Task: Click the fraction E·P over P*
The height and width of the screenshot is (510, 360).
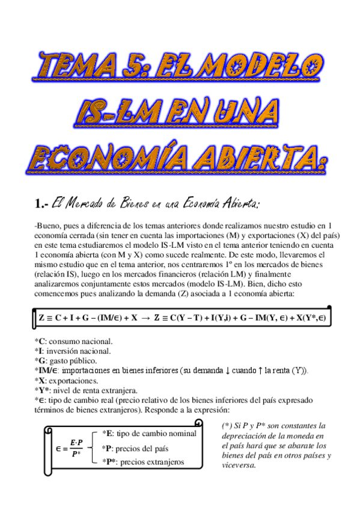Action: (76, 448)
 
